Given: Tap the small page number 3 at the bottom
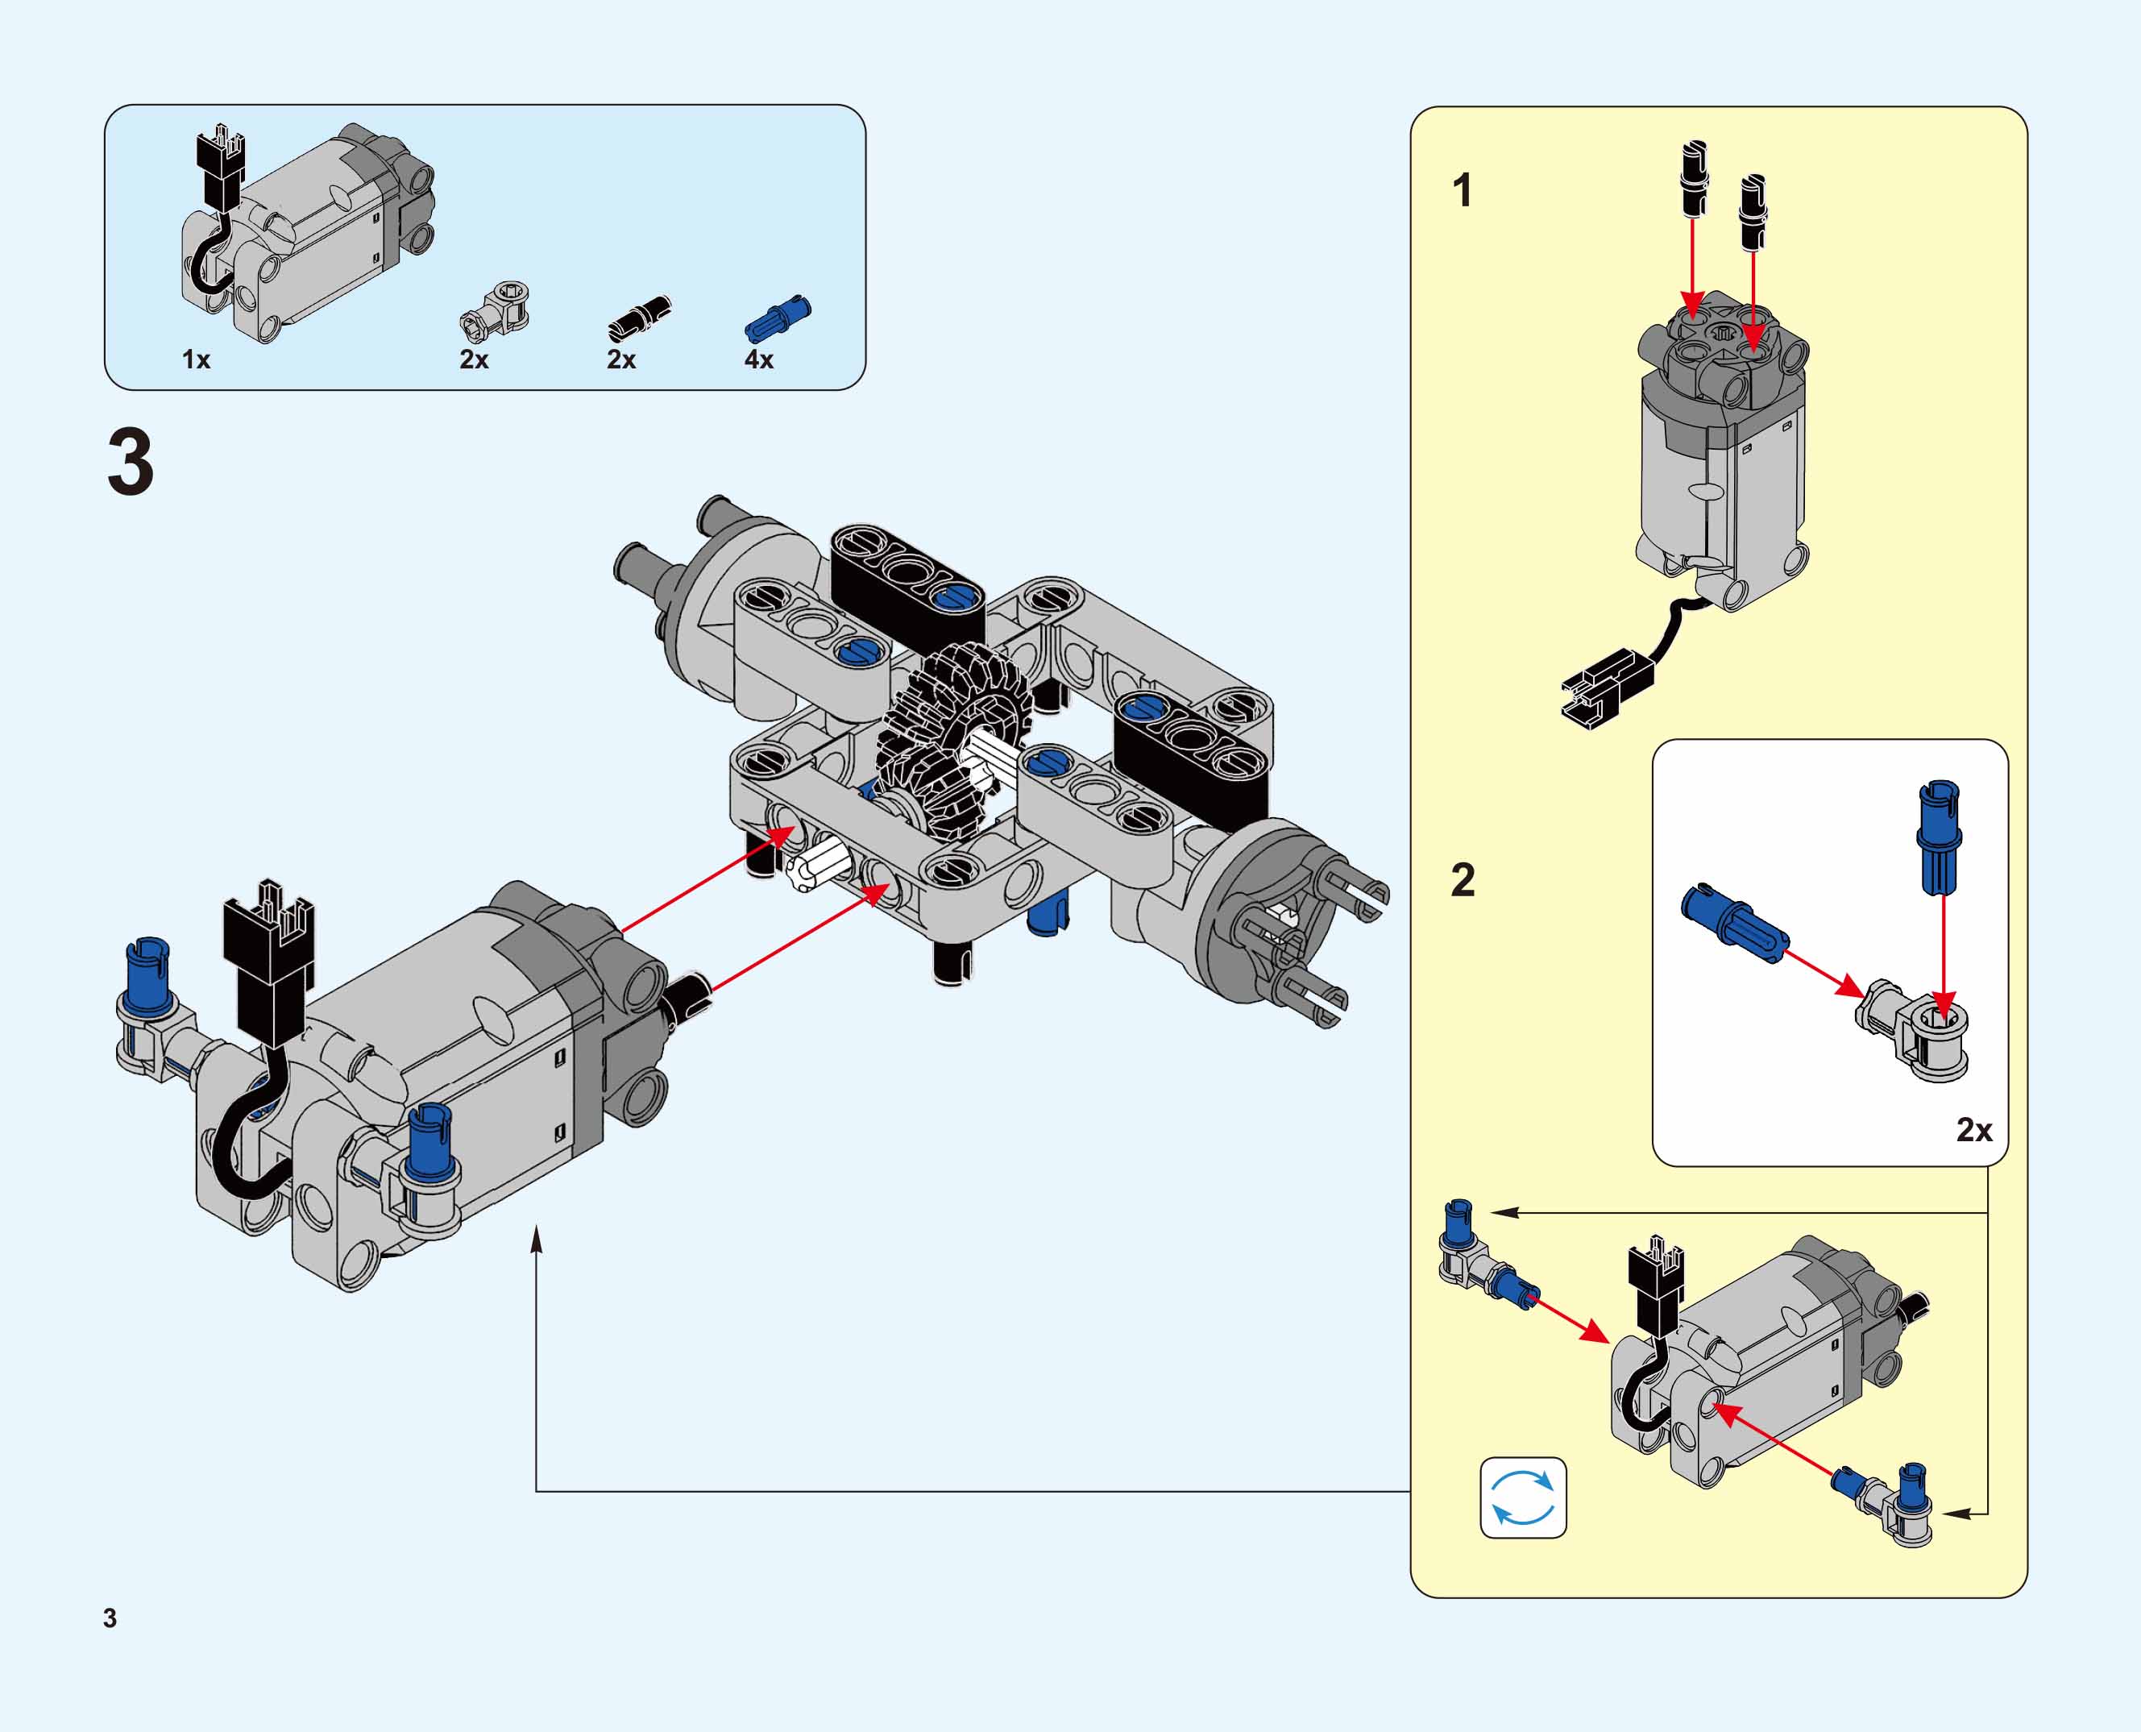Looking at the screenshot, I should (110, 1618).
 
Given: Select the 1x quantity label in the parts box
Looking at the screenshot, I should (196, 360).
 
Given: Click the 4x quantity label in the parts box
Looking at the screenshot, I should (758, 360).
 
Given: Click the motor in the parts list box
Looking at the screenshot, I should (309, 235).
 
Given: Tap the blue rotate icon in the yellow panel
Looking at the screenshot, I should (1522, 1497).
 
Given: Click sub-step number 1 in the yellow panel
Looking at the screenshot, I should (1462, 190).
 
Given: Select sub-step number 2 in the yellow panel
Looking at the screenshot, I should (1462, 880).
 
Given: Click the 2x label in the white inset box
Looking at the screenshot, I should (1973, 1129).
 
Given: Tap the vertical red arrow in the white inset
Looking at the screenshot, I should (1944, 953).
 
